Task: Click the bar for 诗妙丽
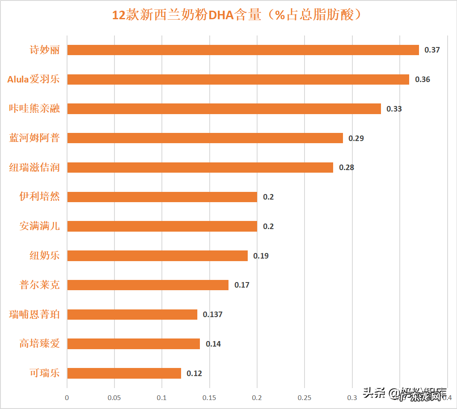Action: (x=243, y=50)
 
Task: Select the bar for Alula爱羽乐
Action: (x=238, y=79)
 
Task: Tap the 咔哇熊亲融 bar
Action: (x=224, y=109)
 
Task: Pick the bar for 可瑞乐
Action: (x=124, y=373)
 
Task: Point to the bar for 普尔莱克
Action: (x=148, y=285)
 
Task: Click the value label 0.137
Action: (x=213, y=315)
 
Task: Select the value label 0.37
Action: (x=432, y=50)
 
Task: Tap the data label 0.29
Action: (x=356, y=138)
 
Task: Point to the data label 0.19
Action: (x=261, y=256)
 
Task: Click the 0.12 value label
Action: (x=194, y=373)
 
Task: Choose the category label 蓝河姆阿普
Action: (x=35, y=138)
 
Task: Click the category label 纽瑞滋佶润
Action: (x=35, y=168)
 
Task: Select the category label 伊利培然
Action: (x=40, y=197)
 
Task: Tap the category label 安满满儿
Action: (x=40, y=226)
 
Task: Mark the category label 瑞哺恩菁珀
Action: (x=35, y=315)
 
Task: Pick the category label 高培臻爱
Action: (x=40, y=344)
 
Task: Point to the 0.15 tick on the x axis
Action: (x=209, y=397)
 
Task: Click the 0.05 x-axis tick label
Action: (x=114, y=397)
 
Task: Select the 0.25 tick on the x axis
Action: (x=304, y=397)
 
